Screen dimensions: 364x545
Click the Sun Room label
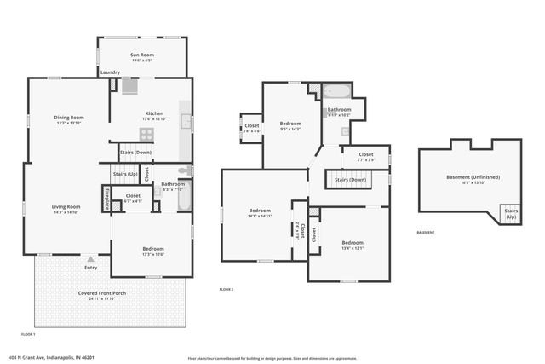[141, 55]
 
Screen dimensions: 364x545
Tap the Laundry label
[110, 72]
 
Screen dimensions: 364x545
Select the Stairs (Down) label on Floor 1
[135, 153]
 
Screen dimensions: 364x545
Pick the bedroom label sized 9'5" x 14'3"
[290, 124]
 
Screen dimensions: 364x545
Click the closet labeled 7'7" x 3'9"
[365, 155]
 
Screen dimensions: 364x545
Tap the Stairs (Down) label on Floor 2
[350, 179]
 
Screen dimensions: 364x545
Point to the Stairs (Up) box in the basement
[511, 213]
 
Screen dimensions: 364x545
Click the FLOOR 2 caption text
[227, 290]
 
